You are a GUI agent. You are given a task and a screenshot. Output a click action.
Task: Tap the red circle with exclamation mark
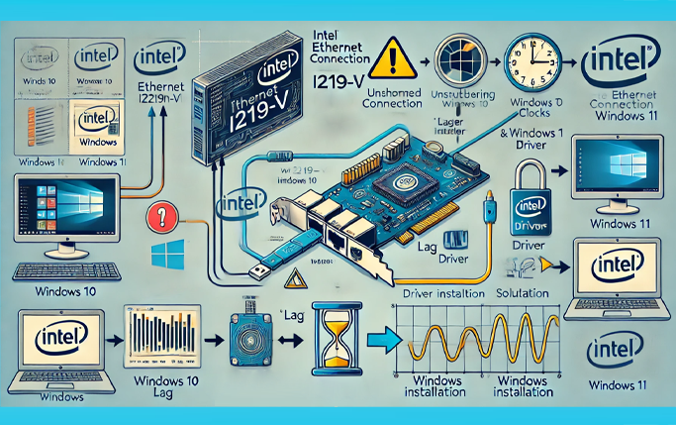click(158, 218)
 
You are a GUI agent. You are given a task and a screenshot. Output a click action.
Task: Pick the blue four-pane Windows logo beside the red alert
click(163, 254)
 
